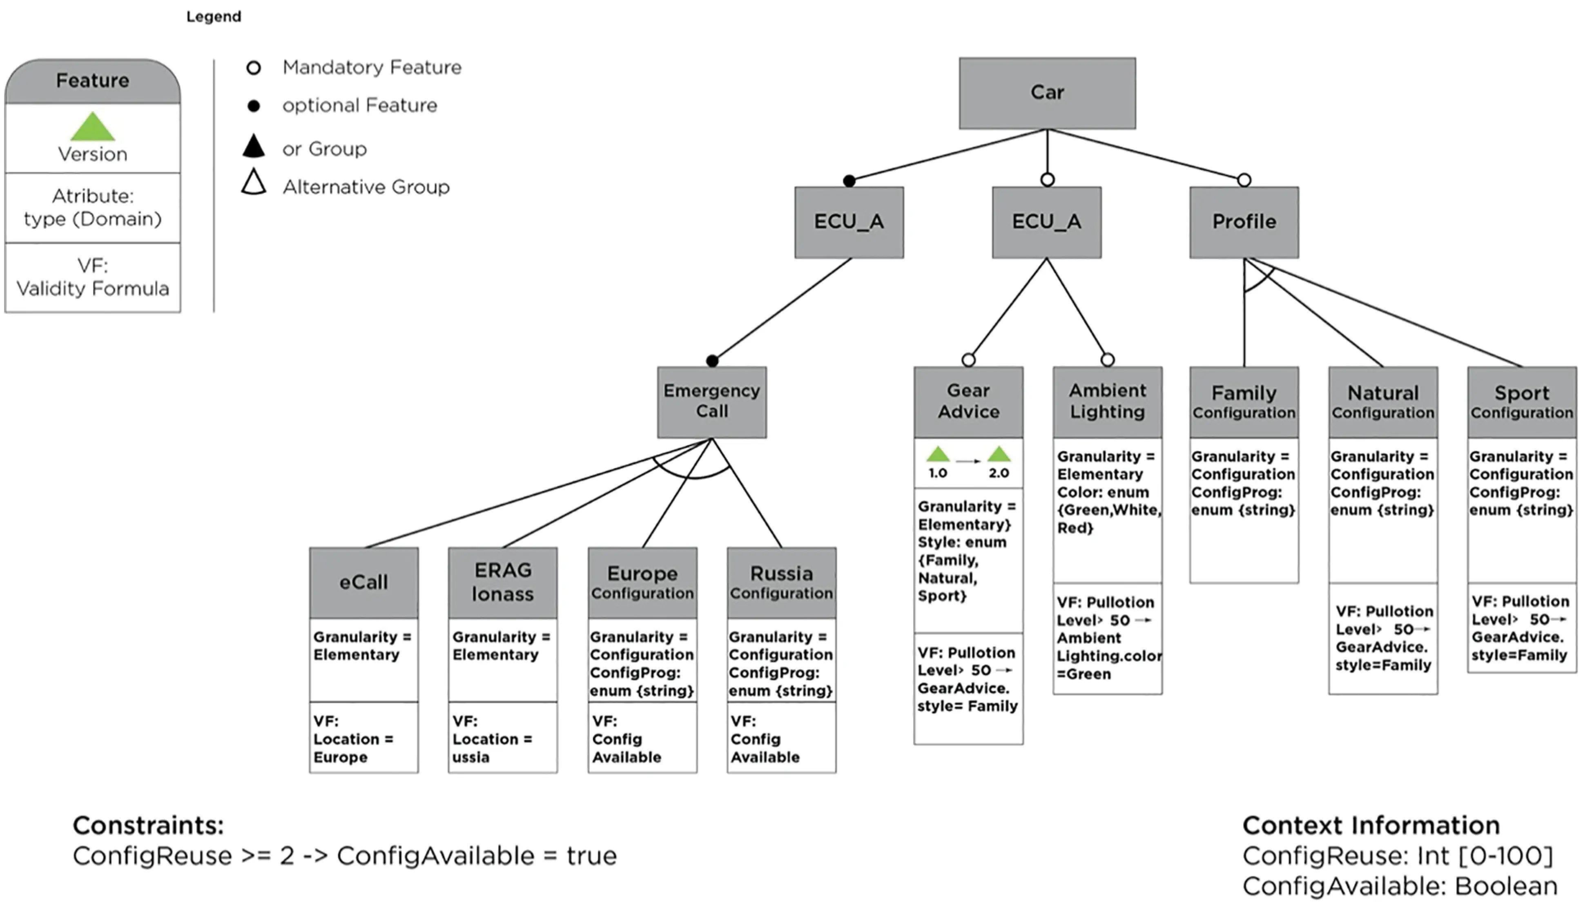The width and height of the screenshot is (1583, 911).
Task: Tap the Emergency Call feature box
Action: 711,401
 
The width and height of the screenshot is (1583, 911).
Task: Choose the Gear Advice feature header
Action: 968,401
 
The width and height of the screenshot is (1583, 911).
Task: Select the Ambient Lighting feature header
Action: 1107,401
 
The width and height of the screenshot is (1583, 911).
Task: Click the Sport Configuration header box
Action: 1521,401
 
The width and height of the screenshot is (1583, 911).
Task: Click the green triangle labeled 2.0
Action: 998,454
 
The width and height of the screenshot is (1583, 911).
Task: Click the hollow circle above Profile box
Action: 1244,180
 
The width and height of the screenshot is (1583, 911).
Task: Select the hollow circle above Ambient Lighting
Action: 1107,360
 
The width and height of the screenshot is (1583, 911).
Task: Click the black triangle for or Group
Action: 253,146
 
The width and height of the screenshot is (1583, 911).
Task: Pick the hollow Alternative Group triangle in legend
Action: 253,183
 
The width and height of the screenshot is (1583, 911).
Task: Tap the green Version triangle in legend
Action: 93,127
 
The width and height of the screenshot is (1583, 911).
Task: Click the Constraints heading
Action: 148,825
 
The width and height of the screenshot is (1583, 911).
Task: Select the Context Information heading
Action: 1370,825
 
